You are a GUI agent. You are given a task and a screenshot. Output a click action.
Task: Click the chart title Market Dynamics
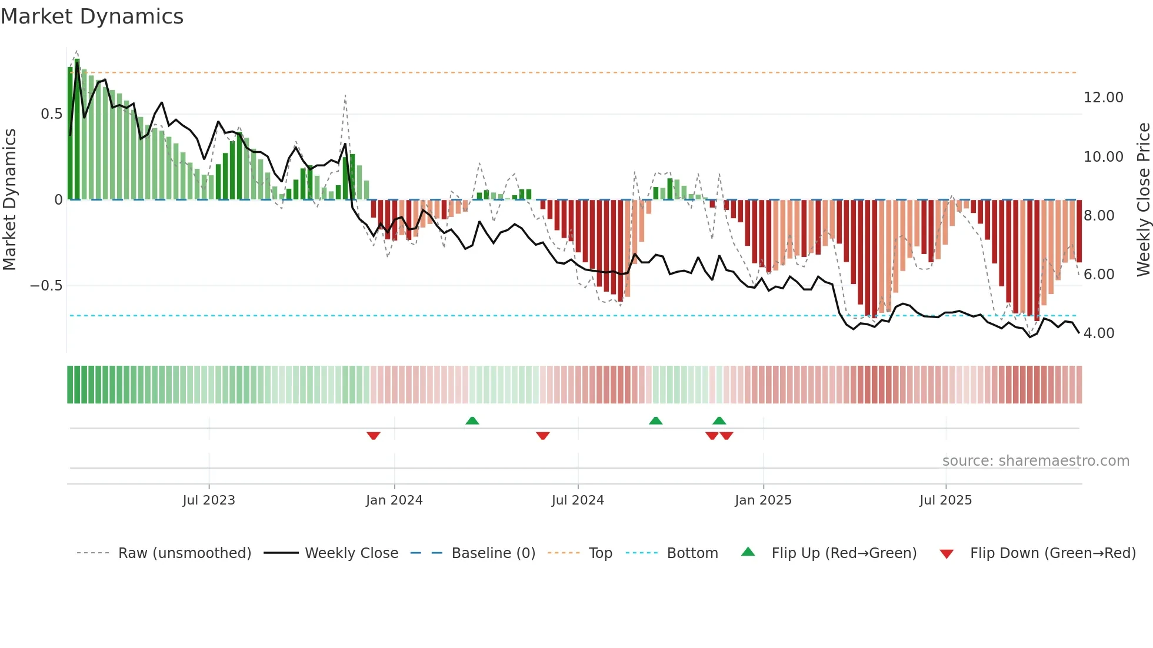(x=92, y=16)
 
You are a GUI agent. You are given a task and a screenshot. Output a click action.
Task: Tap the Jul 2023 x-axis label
(x=209, y=500)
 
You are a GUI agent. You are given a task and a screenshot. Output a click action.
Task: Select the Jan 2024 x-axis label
(x=394, y=500)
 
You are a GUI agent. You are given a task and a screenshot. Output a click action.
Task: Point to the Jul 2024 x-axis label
(x=578, y=500)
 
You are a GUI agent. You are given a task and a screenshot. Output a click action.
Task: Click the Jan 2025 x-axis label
(x=763, y=500)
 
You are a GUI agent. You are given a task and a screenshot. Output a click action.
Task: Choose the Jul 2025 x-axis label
(x=946, y=500)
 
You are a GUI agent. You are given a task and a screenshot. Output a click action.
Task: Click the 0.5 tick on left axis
(x=51, y=114)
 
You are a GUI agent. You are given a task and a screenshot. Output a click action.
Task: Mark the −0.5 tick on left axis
(x=46, y=286)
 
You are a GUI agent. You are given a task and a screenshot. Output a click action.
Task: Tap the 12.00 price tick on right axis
(x=1104, y=98)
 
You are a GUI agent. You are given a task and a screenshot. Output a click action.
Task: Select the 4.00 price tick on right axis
(x=1099, y=333)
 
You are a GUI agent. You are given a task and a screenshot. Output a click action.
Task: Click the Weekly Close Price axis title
(x=1143, y=199)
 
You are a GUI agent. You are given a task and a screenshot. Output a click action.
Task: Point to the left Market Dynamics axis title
(x=9, y=199)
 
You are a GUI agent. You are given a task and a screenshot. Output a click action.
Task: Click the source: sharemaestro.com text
(x=1035, y=461)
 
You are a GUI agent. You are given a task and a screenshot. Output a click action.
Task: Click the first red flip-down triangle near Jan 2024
(x=374, y=435)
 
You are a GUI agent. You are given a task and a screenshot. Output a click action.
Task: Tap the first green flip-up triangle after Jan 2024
(x=472, y=420)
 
